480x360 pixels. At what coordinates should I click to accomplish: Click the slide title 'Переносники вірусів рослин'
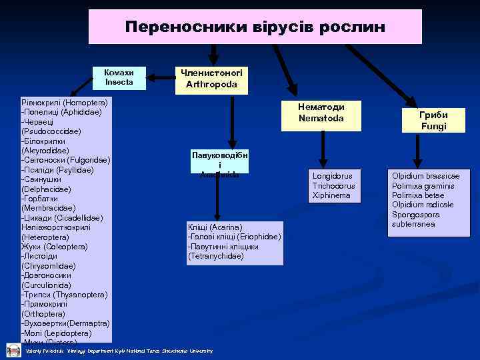pyautogui.click(x=255, y=27)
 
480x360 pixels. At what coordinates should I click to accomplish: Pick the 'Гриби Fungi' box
pyautogui.click(x=433, y=120)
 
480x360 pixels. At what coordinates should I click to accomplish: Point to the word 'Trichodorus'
pyautogui.click(x=334, y=186)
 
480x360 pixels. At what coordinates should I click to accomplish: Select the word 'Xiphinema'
pyautogui.click(x=331, y=195)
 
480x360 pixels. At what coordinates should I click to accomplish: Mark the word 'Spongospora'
pyautogui.click(x=417, y=215)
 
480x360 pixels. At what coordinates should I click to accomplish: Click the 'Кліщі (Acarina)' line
pyautogui.click(x=215, y=227)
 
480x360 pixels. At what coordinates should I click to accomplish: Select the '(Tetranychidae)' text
pyautogui.click(x=215, y=256)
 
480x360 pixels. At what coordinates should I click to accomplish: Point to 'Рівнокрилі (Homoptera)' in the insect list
pyautogui.click(x=65, y=103)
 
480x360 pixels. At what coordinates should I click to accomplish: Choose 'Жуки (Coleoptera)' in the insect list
pyautogui.click(x=55, y=247)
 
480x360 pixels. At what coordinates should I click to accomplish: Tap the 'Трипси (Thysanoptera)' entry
pyautogui.click(x=65, y=295)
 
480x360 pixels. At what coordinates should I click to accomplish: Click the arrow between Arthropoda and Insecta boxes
pyautogui.click(x=160, y=77)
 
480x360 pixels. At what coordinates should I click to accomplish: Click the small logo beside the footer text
pyautogui.click(x=13, y=350)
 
